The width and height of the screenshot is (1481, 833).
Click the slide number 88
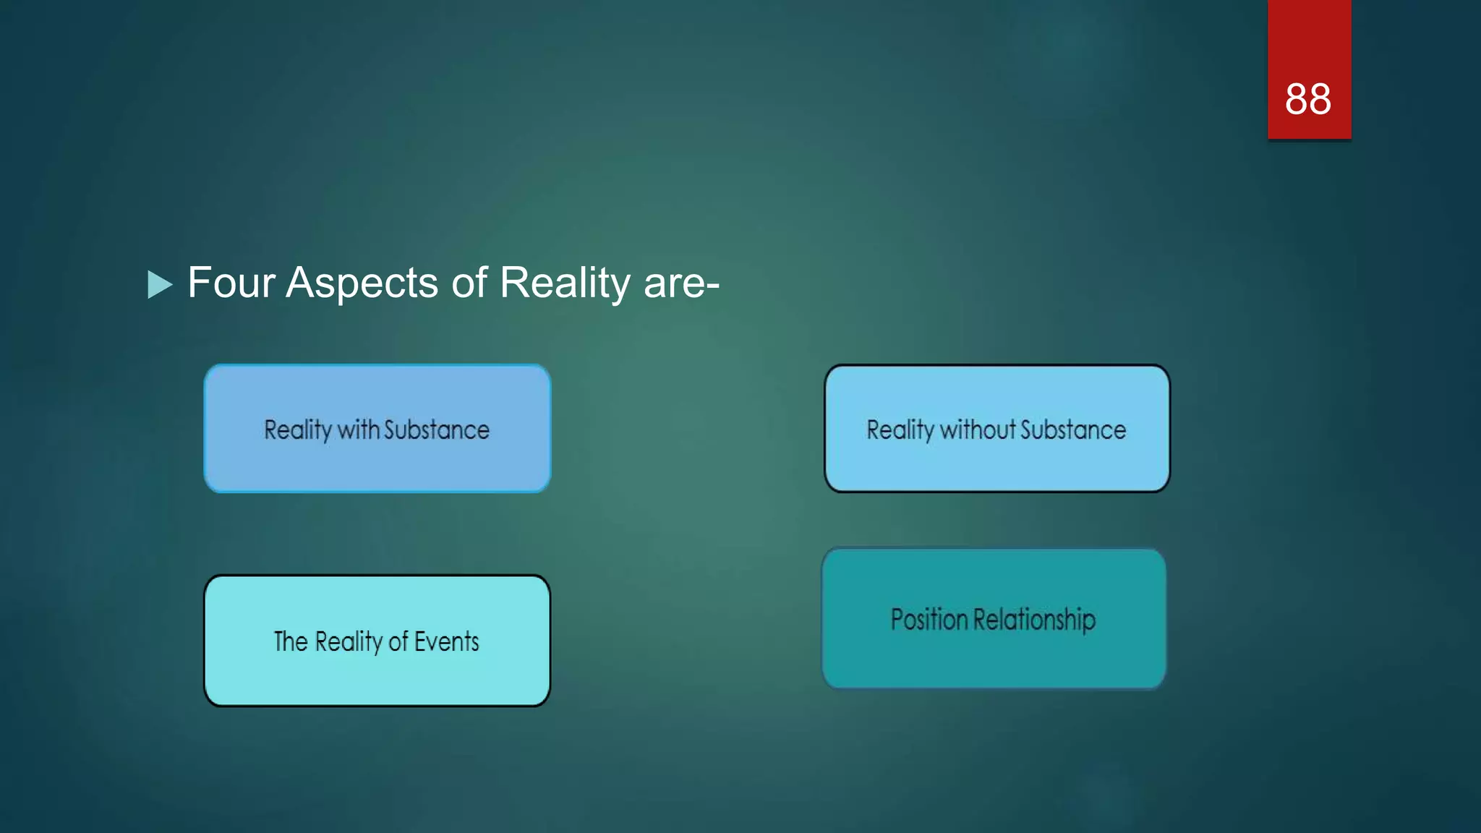[1307, 99]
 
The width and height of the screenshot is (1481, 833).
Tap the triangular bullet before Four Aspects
[159, 284]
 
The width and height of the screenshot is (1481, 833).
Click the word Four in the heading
[231, 282]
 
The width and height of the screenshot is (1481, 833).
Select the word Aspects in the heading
[362, 283]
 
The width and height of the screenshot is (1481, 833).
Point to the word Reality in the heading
[565, 283]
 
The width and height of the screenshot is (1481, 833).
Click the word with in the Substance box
[358, 430]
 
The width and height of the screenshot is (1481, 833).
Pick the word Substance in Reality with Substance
[437, 430]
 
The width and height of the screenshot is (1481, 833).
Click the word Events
[446, 641]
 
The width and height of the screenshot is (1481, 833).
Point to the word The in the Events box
[291, 641]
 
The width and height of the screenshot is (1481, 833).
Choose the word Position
[929, 620]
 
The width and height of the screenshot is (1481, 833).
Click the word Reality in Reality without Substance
[900, 430]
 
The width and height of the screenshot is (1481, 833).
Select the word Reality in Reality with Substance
[297, 430]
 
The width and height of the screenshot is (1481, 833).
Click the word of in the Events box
[398, 641]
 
